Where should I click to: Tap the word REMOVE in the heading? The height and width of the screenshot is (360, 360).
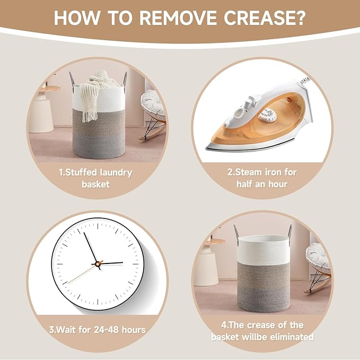(178, 18)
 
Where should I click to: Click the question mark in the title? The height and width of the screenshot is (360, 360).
(301, 18)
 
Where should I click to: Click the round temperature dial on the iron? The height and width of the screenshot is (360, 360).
(269, 114)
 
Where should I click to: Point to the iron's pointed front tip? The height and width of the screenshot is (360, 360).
(207, 148)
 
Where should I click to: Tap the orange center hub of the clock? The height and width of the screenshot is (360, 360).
(99, 264)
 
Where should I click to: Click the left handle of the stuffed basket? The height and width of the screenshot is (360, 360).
(73, 80)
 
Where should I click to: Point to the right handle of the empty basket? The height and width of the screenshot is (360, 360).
(289, 232)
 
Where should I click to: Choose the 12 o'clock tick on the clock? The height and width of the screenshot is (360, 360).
(98, 226)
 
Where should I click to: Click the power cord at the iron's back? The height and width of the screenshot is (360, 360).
(305, 81)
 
